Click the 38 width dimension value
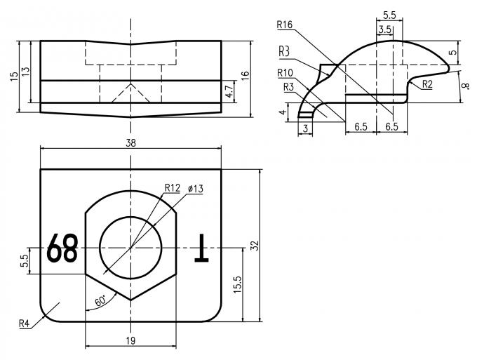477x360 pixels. [x=130, y=142]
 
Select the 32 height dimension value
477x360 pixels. [x=255, y=246]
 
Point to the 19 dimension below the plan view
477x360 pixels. [x=130, y=340]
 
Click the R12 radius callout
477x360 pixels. [x=173, y=187]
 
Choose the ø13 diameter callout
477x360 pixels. [x=196, y=189]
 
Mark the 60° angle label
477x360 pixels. [x=100, y=300]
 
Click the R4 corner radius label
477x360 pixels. [x=26, y=324]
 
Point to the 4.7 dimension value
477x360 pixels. [x=229, y=91]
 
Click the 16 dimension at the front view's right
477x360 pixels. [x=245, y=76]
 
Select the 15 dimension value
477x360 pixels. [x=14, y=76]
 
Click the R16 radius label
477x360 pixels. [x=285, y=25]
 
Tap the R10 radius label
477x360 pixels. [x=285, y=72]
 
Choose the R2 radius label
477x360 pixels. [x=426, y=84]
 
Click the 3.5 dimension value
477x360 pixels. [x=385, y=29]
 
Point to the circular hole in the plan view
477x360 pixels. [x=130, y=247]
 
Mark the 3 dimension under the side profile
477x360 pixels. [x=305, y=127]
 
